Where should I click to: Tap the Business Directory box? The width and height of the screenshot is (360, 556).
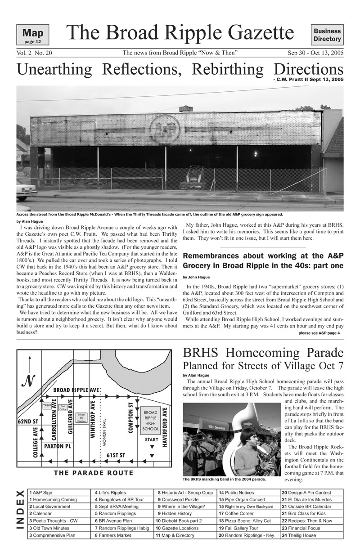tap(327, 35)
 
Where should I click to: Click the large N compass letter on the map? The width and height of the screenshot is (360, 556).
tap(29, 382)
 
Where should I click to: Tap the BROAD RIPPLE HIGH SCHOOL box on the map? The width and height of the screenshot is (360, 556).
tap(150, 421)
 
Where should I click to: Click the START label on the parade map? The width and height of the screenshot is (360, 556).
tap(151, 439)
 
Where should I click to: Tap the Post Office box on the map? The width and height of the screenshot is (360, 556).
tap(63, 408)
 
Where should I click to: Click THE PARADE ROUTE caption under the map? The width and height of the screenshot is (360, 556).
tap(94, 473)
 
